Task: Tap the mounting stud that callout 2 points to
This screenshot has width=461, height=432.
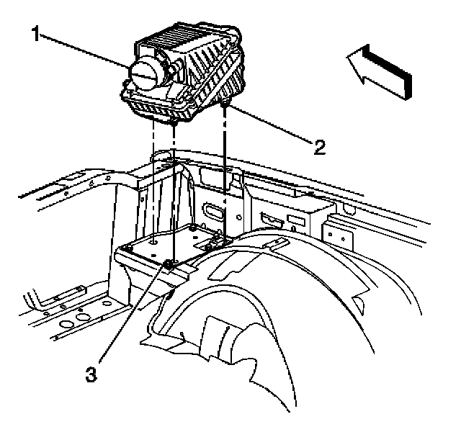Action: point(227,107)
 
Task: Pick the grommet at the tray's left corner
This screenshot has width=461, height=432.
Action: point(127,248)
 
